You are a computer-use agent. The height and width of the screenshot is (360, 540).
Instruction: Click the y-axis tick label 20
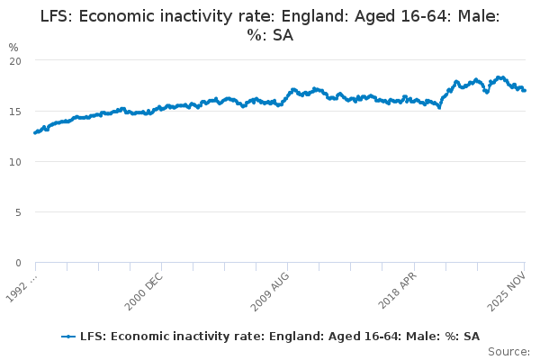pos(14,60)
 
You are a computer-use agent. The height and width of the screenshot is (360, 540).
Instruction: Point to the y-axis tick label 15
pos(14,111)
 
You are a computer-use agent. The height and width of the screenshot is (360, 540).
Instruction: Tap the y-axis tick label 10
pos(14,162)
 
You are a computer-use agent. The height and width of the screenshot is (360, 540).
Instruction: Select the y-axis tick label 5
pos(17,212)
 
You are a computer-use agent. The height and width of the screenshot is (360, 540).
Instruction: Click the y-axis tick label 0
pos(17,263)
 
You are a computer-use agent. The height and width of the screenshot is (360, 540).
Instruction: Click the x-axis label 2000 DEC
pos(144,291)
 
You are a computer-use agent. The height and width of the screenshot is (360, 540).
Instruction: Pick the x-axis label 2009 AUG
pos(270,291)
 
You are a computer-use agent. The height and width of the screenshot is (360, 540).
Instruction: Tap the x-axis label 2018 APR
pos(397,290)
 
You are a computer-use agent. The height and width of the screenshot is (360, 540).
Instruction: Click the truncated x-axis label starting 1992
pos(20,290)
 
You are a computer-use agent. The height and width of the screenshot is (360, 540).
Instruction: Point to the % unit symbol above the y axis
pos(13,47)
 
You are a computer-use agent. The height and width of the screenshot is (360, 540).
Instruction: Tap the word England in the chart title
pos(300,16)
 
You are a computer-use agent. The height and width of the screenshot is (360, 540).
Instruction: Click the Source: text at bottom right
pos(509,352)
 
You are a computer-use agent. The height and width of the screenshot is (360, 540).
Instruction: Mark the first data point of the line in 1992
pos(35,132)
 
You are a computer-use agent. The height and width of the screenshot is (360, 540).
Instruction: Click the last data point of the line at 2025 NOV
pos(525,90)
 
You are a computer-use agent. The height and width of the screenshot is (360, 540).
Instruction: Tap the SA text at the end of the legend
pos(471,336)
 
